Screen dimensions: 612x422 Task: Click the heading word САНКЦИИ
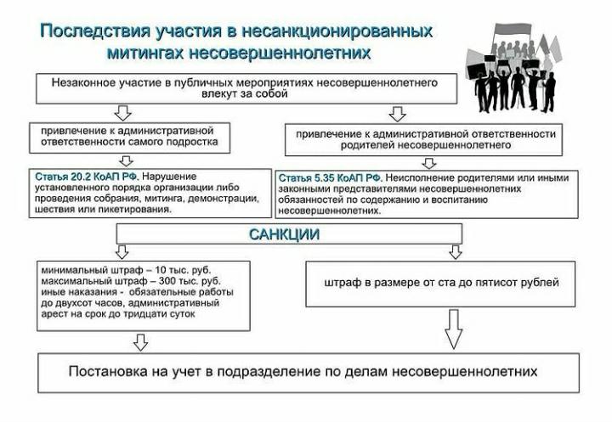click(284, 234)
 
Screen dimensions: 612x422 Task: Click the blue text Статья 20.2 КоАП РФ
click(87, 177)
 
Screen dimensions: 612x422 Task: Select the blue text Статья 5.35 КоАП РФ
click(330, 178)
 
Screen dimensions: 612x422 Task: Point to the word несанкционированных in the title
click(337, 31)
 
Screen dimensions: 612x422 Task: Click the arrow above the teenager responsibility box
click(122, 113)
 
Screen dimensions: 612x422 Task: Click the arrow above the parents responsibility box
click(397, 114)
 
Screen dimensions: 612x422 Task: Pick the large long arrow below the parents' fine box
click(454, 329)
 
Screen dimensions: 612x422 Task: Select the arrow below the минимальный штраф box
click(140, 342)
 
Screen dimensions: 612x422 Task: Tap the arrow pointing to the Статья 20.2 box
click(126, 161)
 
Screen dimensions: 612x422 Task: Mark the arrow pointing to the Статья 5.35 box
click(429, 163)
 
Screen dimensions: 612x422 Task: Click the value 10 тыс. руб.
click(183, 270)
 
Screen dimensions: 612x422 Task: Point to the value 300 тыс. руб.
click(190, 281)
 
